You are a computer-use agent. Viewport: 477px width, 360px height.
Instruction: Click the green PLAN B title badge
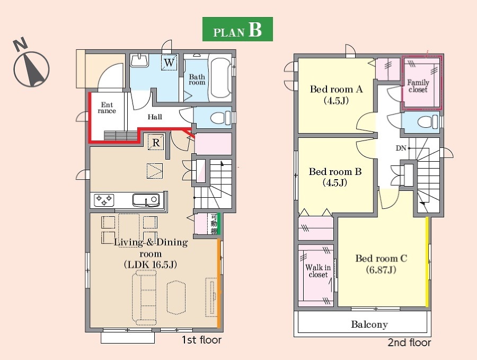[x=237, y=29]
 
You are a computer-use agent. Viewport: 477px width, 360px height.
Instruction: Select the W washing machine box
[x=169, y=63]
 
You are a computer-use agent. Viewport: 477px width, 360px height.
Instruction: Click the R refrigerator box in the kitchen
[x=156, y=142]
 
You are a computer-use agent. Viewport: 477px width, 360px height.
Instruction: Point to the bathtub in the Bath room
[x=220, y=77]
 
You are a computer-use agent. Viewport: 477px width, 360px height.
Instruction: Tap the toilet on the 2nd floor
[x=429, y=122]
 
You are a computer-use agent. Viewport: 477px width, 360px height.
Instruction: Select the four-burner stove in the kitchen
[x=104, y=200]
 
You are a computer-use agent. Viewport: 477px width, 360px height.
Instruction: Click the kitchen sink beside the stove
[x=146, y=200]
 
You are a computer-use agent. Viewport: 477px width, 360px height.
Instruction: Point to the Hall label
[x=155, y=117]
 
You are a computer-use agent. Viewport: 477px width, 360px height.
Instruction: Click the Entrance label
[x=107, y=108]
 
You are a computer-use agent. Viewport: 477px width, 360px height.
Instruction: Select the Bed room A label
[x=336, y=95]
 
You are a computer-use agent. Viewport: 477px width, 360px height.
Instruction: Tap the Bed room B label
[x=335, y=177]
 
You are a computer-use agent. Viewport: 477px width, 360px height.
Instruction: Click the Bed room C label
[x=381, y=264]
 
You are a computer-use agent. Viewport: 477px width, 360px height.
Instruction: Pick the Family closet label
[x=418, y=86]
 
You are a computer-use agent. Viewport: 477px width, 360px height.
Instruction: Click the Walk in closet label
[x=318, y=271]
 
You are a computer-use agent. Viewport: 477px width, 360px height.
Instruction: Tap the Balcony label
[x=369, y=324]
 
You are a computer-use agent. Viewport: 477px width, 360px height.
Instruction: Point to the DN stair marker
[x=401, y=148]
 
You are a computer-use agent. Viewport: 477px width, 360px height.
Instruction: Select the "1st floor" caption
[x=201, y=340]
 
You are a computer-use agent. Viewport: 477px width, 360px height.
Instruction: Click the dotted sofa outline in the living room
[x=144, y=298]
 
